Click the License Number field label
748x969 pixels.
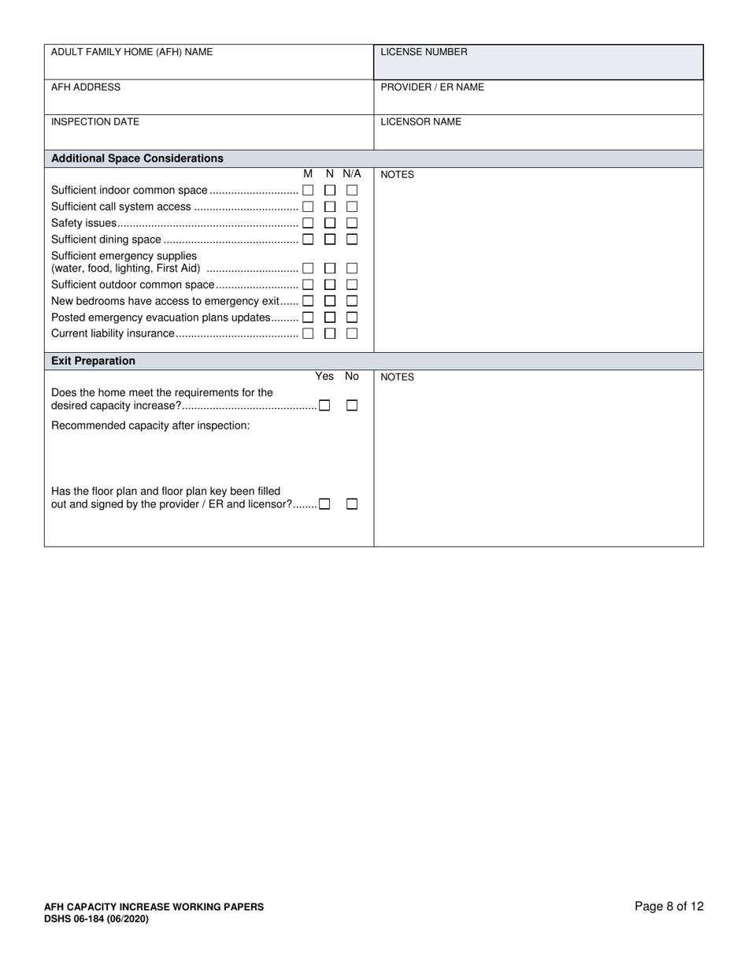point(424,52)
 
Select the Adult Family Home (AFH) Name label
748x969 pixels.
point(131,52)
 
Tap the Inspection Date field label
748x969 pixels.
point(95,122)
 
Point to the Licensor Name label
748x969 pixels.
point(420,122)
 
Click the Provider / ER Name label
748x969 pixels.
point(432,87)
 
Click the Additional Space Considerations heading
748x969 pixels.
point(137,158)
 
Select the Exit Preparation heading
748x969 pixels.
point(93,361)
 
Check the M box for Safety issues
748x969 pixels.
point(308,223)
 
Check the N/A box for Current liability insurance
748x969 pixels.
point(352,333)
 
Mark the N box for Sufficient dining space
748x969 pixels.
point(330,239)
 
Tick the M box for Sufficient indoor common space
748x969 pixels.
point(308,191)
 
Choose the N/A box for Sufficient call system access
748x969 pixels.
point(352,206)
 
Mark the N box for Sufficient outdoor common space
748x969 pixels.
point(330,284)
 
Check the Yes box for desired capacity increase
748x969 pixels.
point(324,406)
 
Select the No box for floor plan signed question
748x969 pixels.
point(352,504)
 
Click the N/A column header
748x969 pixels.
point(351,173)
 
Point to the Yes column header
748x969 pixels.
point(324,377)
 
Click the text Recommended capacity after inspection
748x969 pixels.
point(150,425)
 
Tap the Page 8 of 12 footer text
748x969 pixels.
point(668,906)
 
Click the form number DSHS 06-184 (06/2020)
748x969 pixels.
point(96,919)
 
